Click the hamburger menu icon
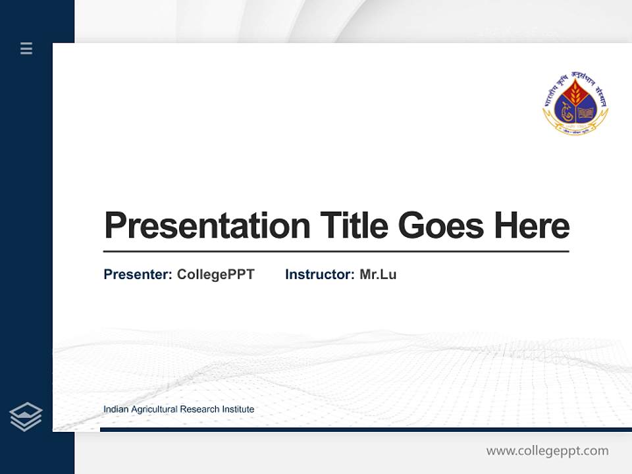[x=26, y=48]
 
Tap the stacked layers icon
[x=26, y=417]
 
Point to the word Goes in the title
[x=442, y=226]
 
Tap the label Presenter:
[x=138, y=275]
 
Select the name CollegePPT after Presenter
[x=215, y=275]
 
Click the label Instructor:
[x=319, y=275]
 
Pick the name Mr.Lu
[x=378, y=275]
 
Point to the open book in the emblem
[x=586, y=112]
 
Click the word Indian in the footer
[x=116, y=409]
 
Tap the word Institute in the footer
[x=238, y=409]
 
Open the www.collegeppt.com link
[x=547, y=451]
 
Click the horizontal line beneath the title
[x=336, y=251]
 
